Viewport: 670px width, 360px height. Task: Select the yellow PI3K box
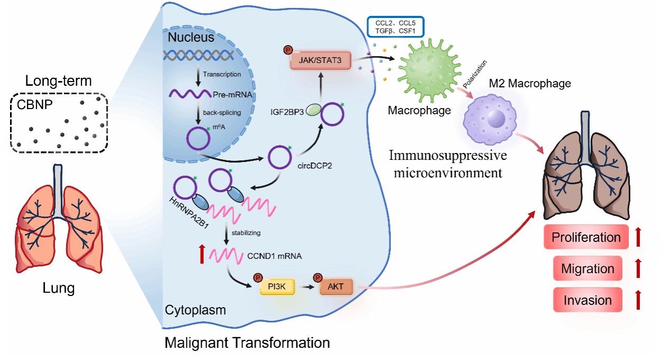coord(276,287)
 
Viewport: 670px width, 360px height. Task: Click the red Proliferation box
coord(586,237)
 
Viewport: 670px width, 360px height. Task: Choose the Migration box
coord(587,268)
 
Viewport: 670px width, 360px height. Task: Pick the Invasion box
coord(587,300)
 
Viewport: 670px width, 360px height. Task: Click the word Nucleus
coord(191,38)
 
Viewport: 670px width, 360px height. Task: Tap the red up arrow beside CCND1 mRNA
coord(201,255)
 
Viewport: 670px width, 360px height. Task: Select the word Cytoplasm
coord(195,310)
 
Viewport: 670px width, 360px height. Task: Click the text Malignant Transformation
coord(247,343)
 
